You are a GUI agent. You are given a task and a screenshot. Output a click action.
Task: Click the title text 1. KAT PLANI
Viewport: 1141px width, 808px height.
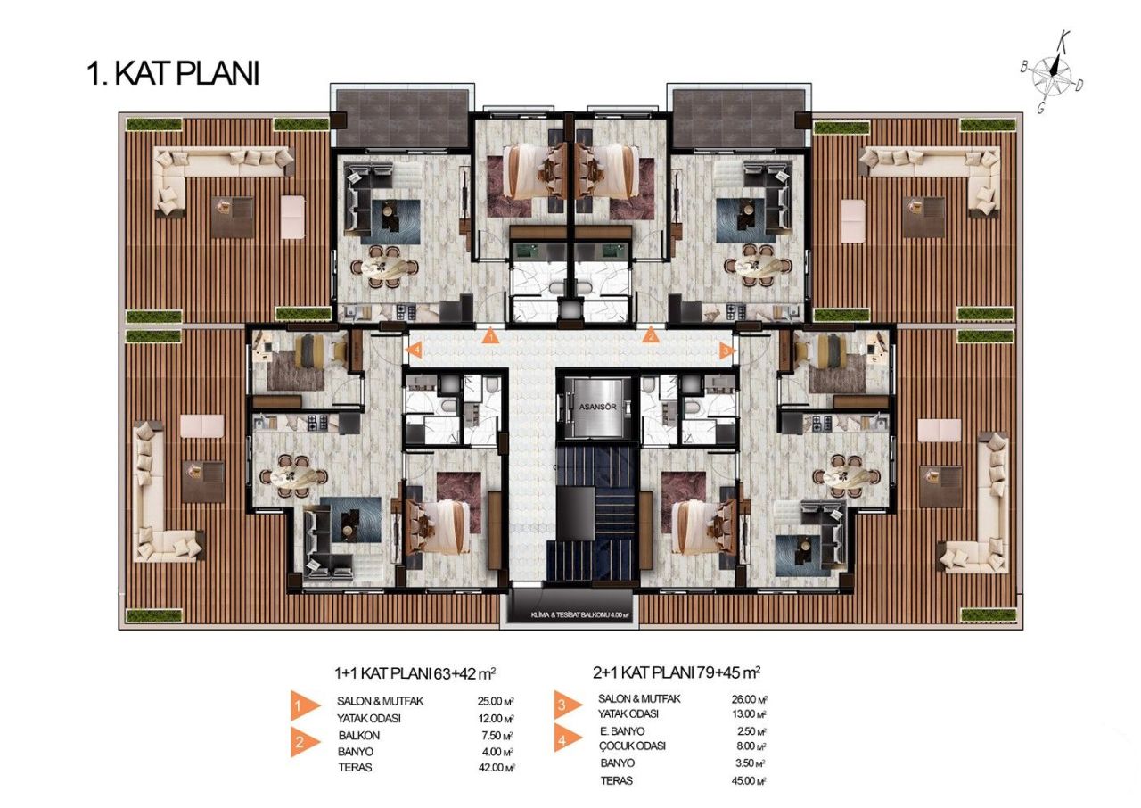pos(173,73)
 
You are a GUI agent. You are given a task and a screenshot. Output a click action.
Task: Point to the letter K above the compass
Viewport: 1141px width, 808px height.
pos(1063,39)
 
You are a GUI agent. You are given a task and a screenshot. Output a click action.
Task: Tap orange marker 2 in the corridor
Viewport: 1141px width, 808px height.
pos(652,336)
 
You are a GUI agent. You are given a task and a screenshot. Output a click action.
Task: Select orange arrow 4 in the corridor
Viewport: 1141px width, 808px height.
pos(414,351)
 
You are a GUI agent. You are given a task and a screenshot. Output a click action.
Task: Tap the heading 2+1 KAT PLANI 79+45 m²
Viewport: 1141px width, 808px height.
pos(677,672)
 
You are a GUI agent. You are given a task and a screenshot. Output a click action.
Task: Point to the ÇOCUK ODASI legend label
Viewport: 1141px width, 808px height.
pos(631,746)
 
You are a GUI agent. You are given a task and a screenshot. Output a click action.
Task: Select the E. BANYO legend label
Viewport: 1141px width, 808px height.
pos(622,730)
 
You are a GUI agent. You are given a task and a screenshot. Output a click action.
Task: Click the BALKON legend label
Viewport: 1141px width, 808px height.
pos(358,736)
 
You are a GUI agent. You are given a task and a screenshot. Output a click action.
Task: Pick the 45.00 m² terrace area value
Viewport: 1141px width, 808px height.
pos(749,780)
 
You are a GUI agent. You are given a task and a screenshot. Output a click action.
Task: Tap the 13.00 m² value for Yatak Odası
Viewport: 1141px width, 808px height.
pos(749,714)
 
